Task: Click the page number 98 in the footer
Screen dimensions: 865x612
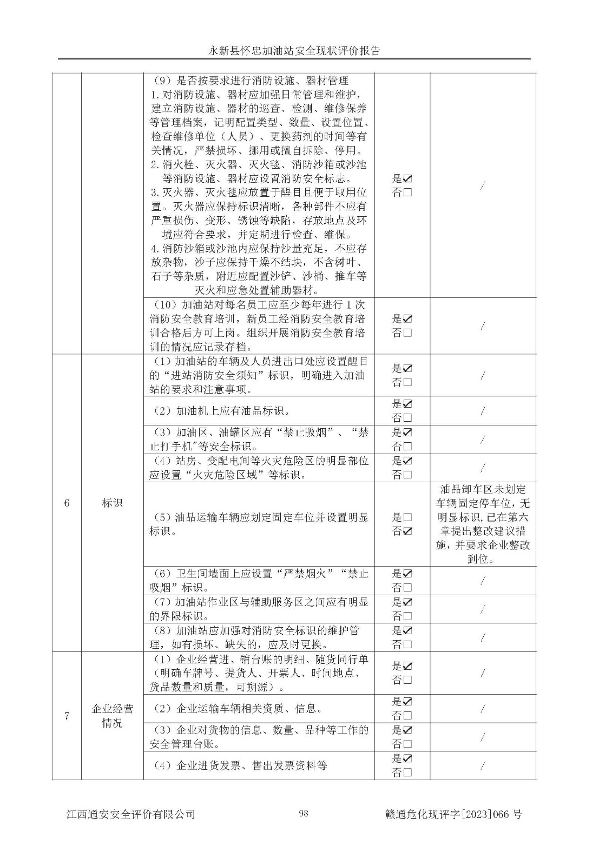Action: (x=303, y=813)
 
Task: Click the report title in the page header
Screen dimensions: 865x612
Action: (x=294, y=51)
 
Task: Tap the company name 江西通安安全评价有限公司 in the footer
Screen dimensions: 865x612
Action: (x=130, y=814)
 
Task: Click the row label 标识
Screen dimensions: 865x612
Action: (x=112, y=503)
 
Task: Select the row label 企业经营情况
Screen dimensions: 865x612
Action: (x=112, y=716)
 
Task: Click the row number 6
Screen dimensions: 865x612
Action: (x=67, y=503)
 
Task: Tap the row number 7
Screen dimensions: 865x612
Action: (x=67, y=716)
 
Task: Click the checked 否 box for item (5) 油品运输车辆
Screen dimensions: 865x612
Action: (x=407, y=531)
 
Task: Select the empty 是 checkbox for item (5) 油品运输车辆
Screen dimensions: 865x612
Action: (x=407, y=517)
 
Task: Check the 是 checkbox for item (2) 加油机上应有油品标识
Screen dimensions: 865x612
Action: (x=407, y=404)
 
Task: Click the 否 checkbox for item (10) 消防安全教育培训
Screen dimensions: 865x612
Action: (x=407, y=333)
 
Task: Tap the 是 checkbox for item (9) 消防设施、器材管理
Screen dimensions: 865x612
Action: (x=407, y=178)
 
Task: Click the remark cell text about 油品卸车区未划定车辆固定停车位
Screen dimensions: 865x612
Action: (x=483, y=524)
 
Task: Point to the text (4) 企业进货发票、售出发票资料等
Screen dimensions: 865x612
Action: (x=238, y=766)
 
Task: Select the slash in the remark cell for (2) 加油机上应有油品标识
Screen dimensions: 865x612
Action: (x=483, y=411)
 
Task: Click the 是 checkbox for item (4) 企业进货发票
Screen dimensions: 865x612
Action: (x=407, y=758)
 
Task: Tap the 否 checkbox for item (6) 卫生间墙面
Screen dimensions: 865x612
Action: (x=407, y=588)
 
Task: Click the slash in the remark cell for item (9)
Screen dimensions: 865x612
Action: (x=483, y=185)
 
